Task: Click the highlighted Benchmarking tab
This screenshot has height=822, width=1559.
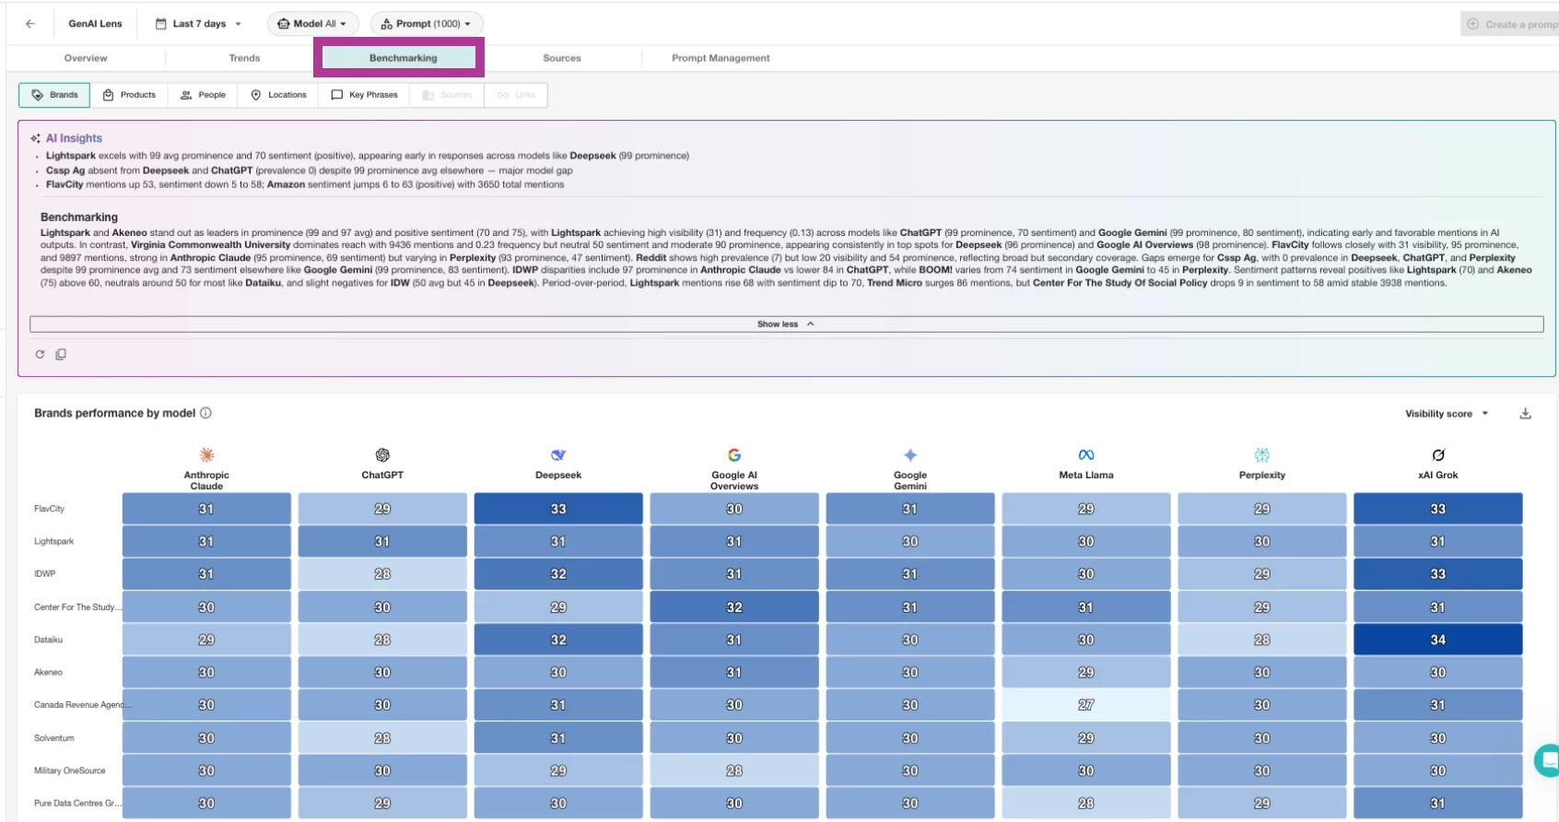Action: [403, 58]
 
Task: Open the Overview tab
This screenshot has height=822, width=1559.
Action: [86, 58]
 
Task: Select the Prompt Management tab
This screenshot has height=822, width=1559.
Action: [721, 58]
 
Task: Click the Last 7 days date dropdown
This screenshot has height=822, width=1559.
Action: [198, 24]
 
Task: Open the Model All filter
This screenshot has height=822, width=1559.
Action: [313, 24]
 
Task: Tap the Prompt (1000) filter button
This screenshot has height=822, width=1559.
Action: [427, 24]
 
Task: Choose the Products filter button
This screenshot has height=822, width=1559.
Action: [129, 95]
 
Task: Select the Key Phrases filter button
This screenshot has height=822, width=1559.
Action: [364, 95]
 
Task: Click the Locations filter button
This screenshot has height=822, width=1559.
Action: [278, 95]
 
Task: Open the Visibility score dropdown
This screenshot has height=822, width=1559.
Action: [1446, 414]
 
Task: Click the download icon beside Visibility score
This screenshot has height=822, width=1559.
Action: [1525, 414]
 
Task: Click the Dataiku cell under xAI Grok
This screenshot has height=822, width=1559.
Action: [1437, 640]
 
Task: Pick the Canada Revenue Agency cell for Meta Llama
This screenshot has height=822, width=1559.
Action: [1085, 705]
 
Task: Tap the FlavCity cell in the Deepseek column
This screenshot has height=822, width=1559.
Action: [557, 509]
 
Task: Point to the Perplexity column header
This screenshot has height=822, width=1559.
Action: [1261, 475]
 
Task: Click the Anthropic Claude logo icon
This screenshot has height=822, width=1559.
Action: [206, 454]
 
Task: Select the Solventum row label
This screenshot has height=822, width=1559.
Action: [54, 738]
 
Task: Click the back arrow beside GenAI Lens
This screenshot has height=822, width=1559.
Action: [30, 24]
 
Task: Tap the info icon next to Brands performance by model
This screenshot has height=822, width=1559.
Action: [205, 413]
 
